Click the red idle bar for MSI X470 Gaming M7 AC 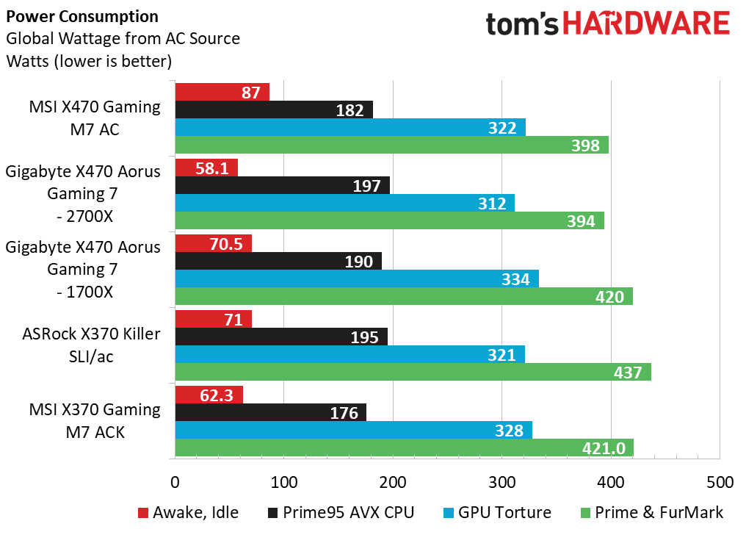click(222, 92)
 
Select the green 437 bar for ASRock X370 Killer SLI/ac click(413, 372)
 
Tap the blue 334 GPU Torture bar click(357, 278)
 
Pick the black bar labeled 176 click(271, 412)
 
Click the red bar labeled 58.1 click(206, 168)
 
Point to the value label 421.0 click(604, 448)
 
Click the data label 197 click(366, 186)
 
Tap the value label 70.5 click(226, 244)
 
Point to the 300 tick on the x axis click(502, 482)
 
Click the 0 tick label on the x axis click(175, 482)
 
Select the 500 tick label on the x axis click(720, 482)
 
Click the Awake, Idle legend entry click(189, 513)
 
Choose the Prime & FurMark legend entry click(652, 513)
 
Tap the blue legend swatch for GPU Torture click(448, 513)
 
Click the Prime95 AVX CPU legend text click(348, 513)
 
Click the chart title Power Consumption click(82, 17)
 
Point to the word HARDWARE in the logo click(647, 24)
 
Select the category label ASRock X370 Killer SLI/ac click(91, 345)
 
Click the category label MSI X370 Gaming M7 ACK click(95, 421)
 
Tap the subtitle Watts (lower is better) click(89, 62)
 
